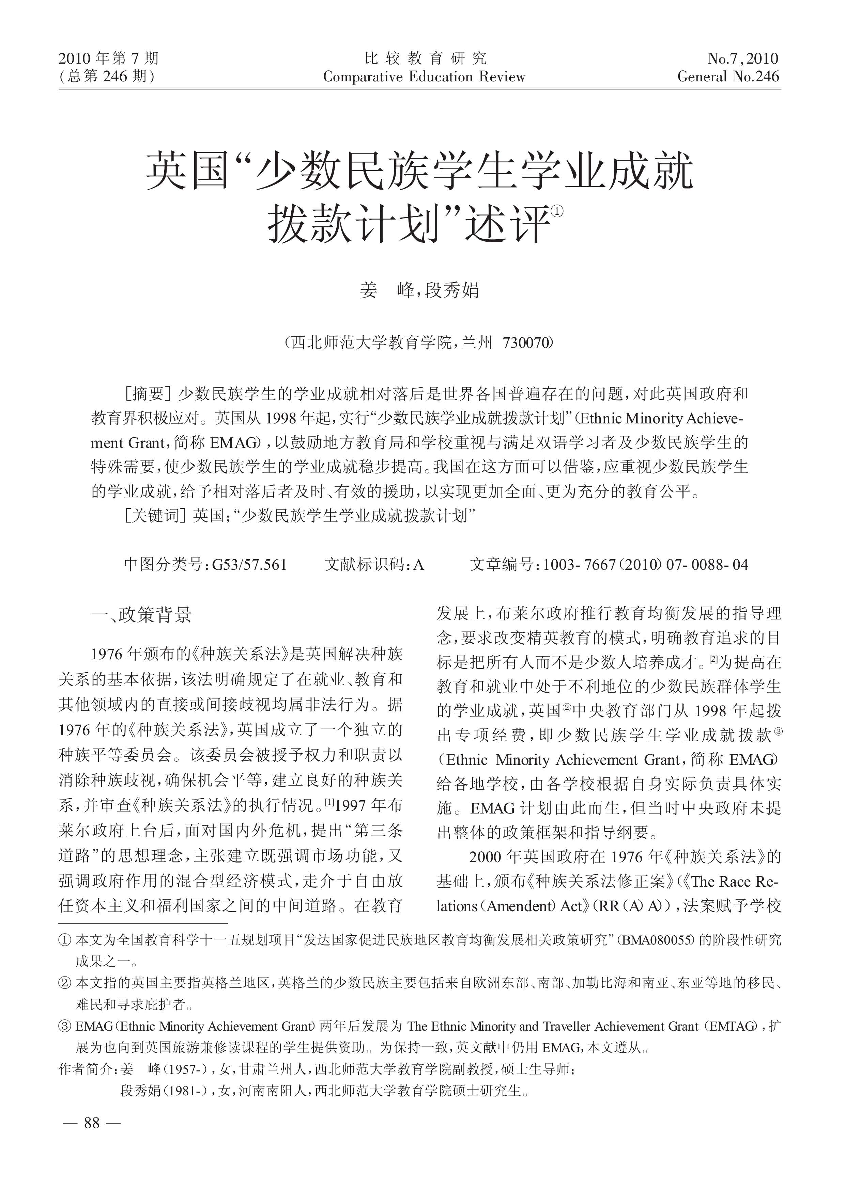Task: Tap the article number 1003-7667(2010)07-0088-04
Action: pos(645,565)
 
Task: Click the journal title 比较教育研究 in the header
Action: pos(425,58)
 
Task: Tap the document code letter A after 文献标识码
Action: pos(419,565)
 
